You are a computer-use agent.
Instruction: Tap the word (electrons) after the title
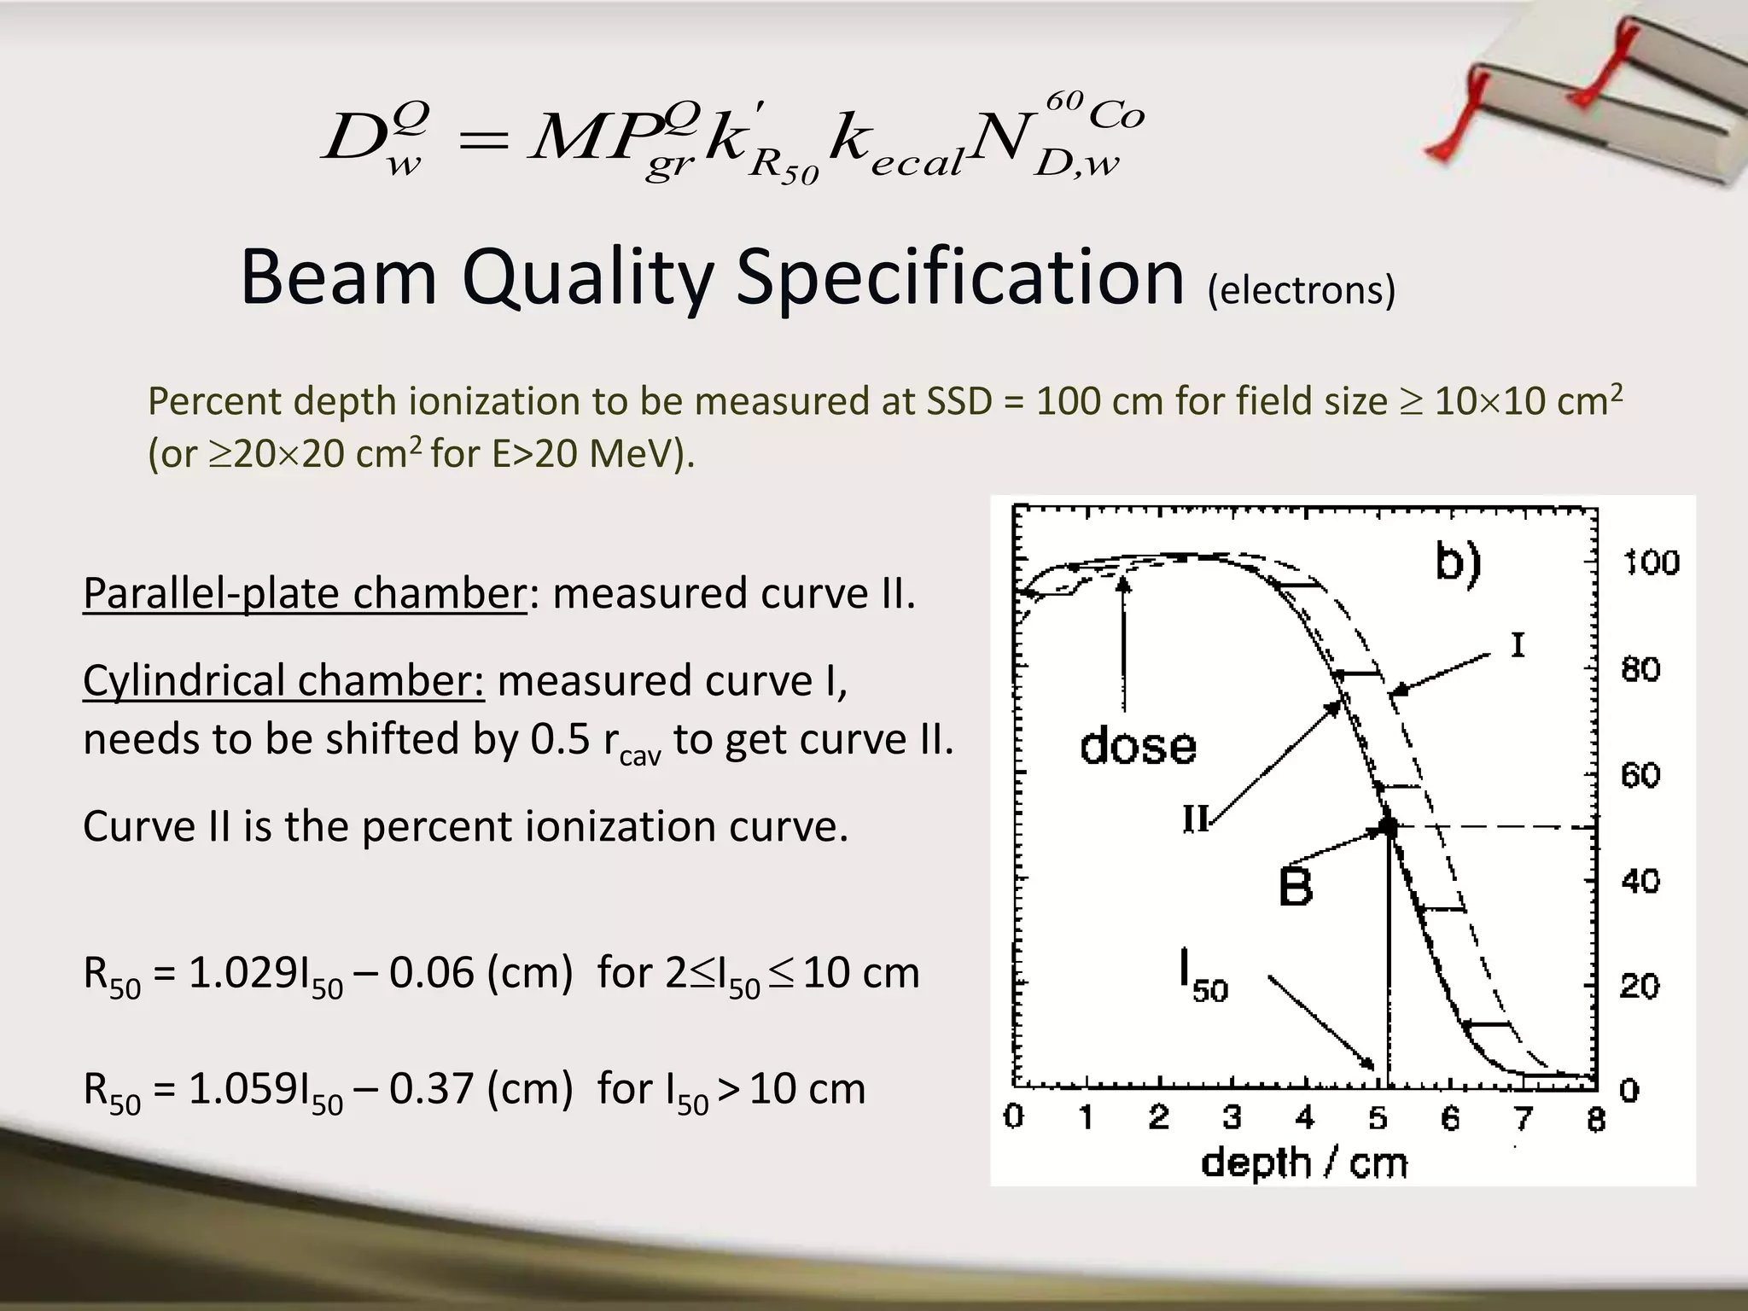1301,290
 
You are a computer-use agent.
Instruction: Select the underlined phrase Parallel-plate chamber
305,593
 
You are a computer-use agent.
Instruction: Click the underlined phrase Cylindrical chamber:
283,681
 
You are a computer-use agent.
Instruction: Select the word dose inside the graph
1138,746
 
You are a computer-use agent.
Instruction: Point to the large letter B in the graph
1295,887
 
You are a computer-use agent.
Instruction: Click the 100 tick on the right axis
1651,563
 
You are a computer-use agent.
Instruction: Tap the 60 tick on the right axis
1640,775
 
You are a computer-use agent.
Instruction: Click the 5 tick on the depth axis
1378,1118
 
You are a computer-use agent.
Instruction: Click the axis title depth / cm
1303,1163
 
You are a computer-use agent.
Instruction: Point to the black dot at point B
1388,826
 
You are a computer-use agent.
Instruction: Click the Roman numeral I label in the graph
1517,646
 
